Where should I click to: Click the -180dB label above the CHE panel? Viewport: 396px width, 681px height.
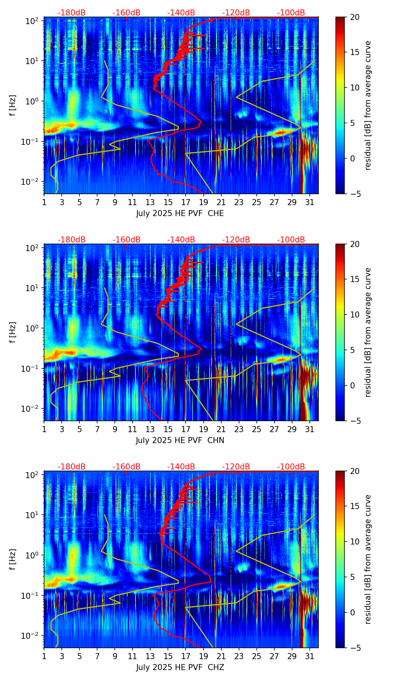tap(72, 13)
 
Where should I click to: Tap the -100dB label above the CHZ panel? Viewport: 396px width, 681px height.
tap(291, 467)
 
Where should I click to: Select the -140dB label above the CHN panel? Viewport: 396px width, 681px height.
tap(181, 240)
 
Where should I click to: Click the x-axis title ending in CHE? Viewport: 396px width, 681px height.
tap(180, 213)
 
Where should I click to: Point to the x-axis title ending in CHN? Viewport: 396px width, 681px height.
tap(180, 440)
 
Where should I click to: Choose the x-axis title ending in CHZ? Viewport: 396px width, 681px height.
tap(180, 667)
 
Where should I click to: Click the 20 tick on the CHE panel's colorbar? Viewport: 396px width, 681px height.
tap(355, 17)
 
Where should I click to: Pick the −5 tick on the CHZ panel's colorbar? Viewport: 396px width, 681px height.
tap(355, 648)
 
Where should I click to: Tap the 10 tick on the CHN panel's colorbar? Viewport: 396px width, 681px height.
tap(355, 314)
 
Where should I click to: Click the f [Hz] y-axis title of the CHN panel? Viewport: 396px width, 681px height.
tap(13, 332)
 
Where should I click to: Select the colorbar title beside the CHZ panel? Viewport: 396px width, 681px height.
tap(368, 559)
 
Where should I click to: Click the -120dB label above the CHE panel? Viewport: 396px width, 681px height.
tap(236, 13)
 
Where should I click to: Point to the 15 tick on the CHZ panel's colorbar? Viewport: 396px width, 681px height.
tap(355, 506)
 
